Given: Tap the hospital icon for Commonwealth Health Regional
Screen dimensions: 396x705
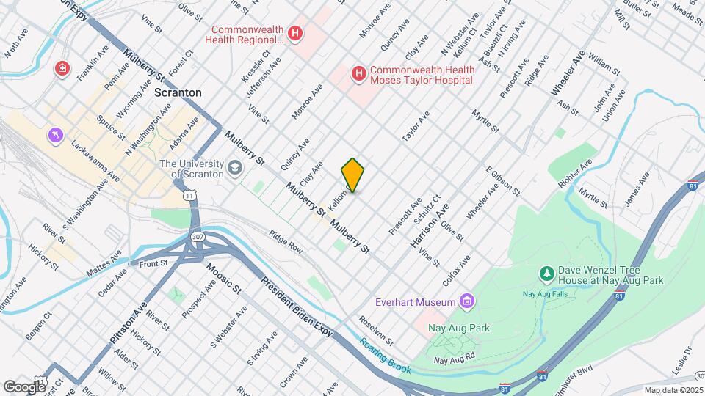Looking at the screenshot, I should coord(295,33).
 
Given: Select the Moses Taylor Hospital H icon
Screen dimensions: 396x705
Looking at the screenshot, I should coord(358,73).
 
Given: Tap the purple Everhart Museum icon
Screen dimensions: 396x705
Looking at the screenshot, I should coord(466,301).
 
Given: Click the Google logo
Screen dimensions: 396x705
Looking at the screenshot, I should coord(25,386).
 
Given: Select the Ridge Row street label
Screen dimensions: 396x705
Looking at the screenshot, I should coord(285,243).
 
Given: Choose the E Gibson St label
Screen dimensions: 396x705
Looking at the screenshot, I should coord(502,182).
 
